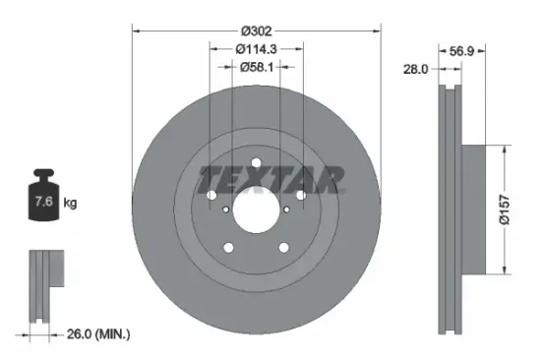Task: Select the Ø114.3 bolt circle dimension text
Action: coord(255,47)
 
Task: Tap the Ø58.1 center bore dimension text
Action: coord(256,67)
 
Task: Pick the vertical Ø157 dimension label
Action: coord(505,210)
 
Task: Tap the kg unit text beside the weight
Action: coord(70,204)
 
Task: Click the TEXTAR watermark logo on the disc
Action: coord(271,179)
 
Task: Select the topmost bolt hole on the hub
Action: coord(256,163)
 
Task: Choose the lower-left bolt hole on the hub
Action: coord(229,247)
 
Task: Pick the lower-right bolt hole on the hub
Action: coord(282,247)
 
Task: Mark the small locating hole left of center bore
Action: coord(227,209)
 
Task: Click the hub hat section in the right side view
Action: coord(473,210)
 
